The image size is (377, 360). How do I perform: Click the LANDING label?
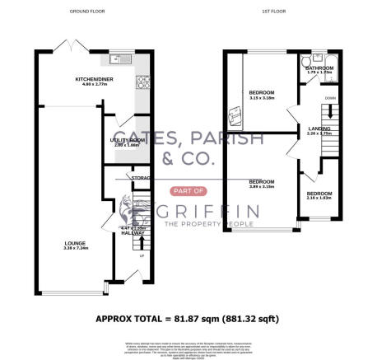(317, 129)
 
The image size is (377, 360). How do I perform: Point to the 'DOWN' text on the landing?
(329, 97)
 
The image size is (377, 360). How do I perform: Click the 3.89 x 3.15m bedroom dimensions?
(263, 185)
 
